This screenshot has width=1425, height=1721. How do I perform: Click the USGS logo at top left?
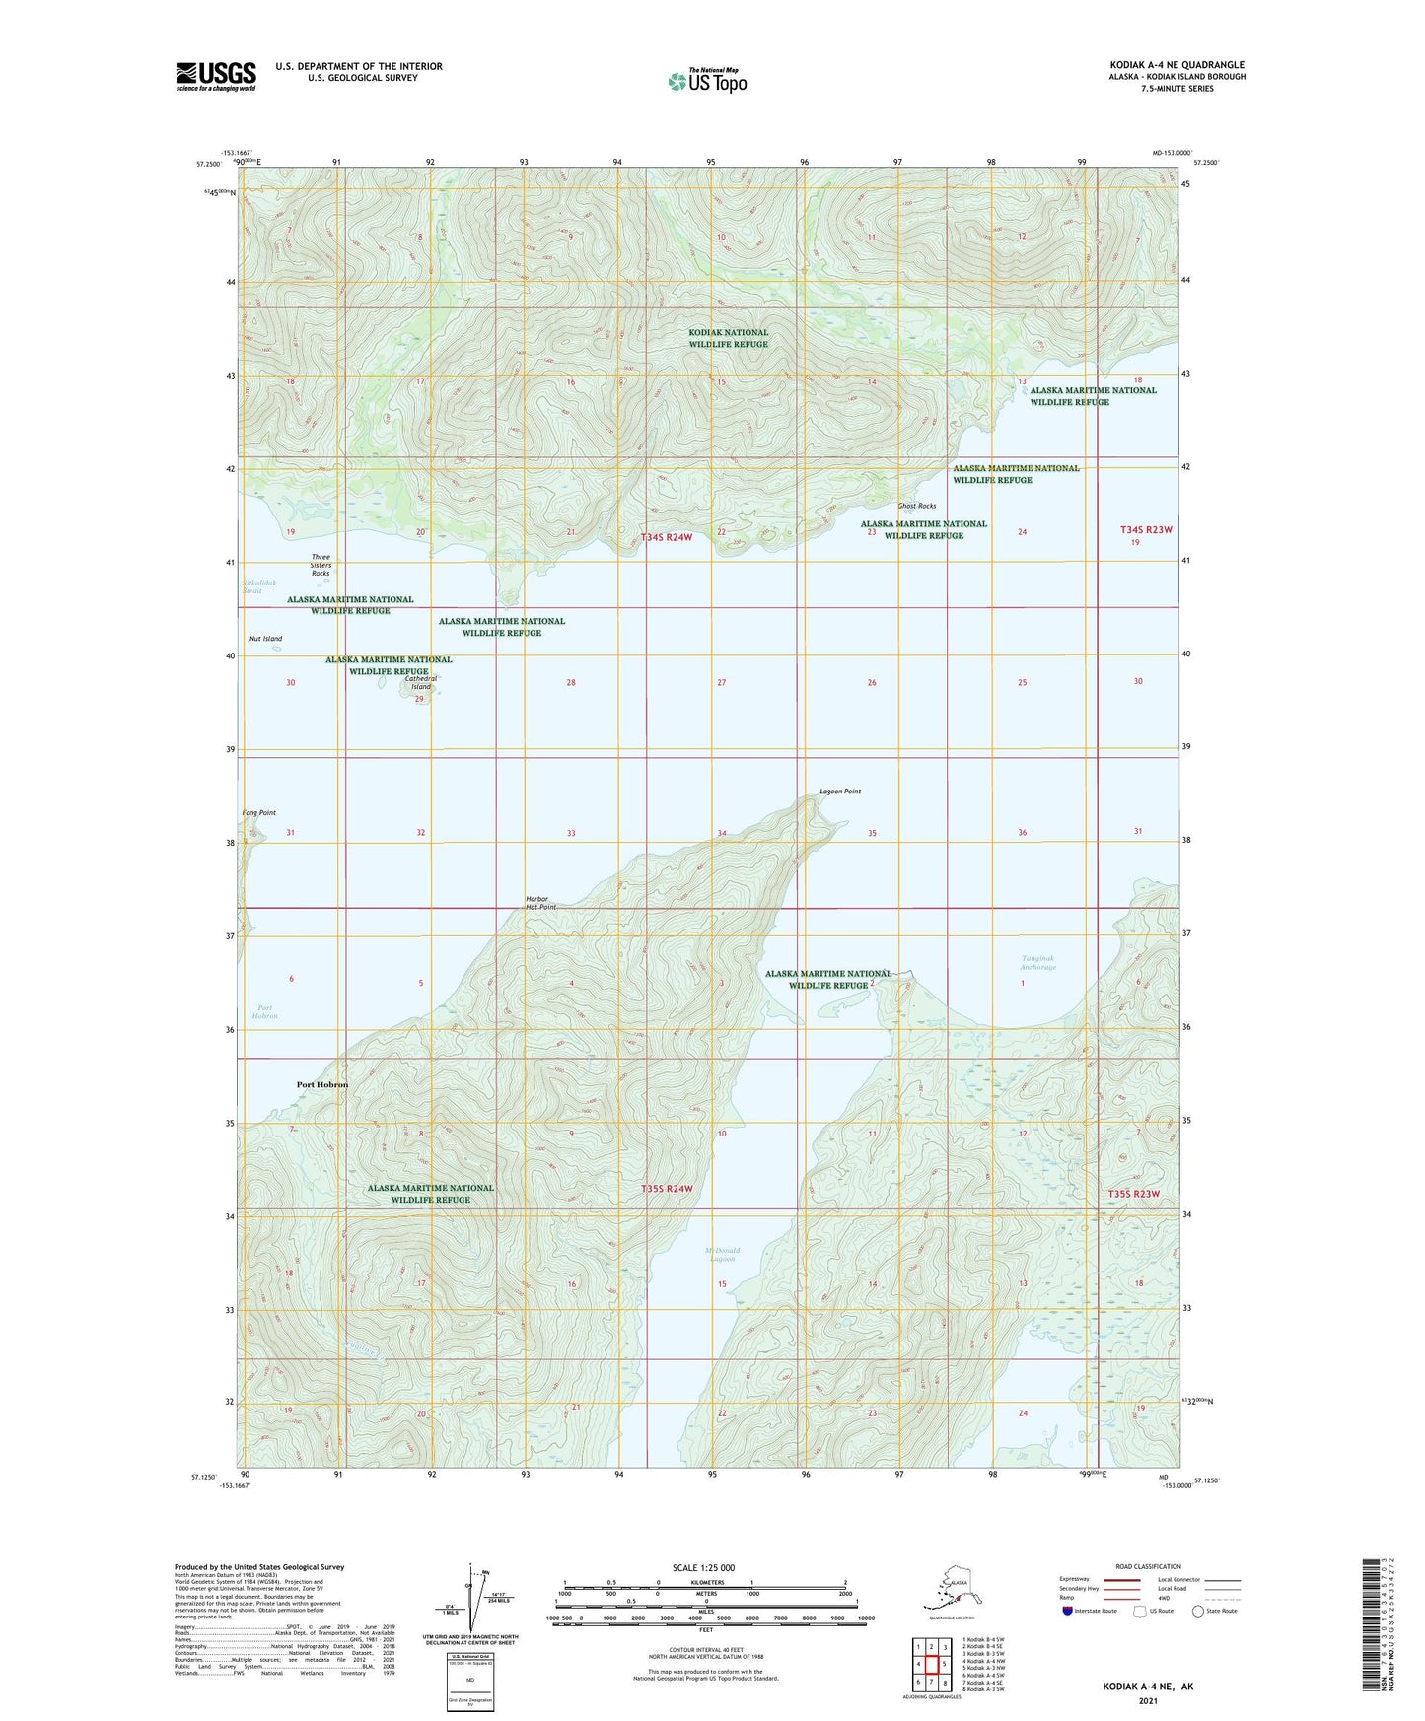click(x=215, y=76)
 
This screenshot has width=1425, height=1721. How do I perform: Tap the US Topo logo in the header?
click(x=706, y=80)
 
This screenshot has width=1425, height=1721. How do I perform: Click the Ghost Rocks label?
click(x=916, y=506)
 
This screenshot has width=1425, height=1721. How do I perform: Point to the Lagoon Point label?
click(x=840, y=792)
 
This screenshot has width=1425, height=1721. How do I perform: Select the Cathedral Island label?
click(x=421, y=682)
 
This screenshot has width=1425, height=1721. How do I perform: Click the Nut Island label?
click(x=265, y=639)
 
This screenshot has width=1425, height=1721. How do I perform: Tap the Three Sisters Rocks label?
click(x=321, y=565)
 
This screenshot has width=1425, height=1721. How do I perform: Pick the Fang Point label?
click(x=259, y=813)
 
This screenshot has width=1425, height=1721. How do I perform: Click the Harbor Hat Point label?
click(x=540, y=903)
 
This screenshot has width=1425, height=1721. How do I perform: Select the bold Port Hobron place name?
click(x=322, y=1084)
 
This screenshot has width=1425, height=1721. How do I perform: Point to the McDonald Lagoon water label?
click(x=722, y=1255)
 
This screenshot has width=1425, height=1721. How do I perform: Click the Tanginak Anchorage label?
click(x=1037, y=962)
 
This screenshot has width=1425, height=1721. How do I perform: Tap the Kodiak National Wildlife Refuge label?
click(x=728, y=338)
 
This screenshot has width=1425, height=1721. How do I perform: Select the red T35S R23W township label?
click(x=1132, y=1194)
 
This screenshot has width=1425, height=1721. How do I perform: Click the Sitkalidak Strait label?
click(x=252, y=586)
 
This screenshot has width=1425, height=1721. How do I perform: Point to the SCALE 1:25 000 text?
click(x=703, y=1568)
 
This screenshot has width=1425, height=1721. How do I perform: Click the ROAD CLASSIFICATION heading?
click(x=1148, y=1566)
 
